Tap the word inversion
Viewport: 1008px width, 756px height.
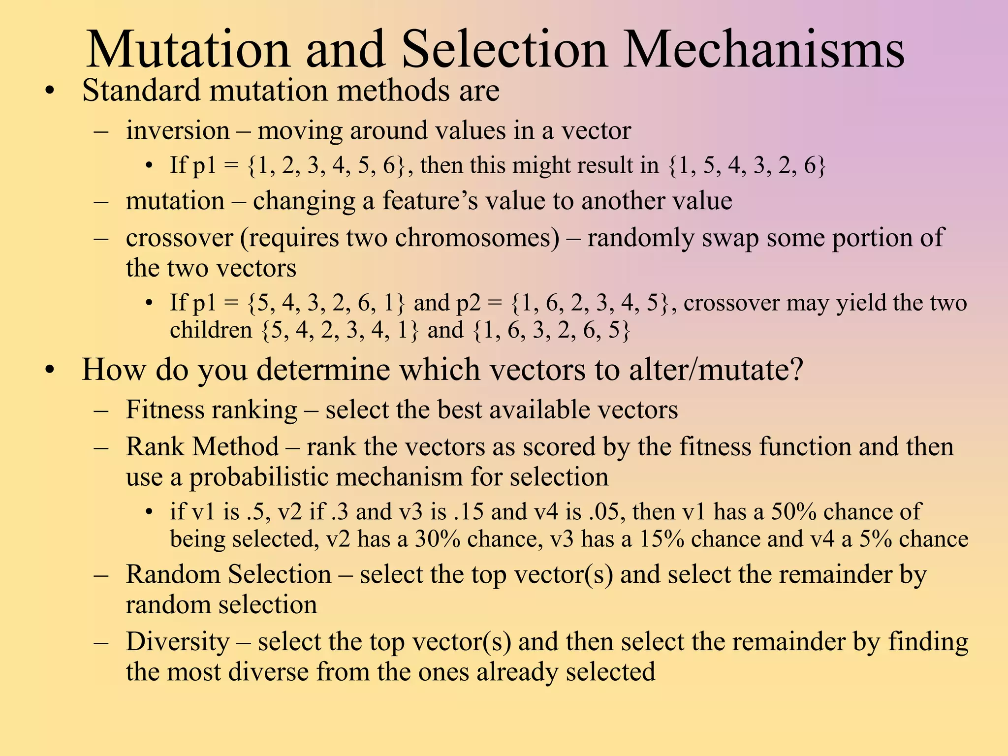tap(178, 131)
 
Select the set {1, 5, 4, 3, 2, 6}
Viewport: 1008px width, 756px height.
tap(747, 165)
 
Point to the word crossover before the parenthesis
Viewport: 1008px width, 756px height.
tap(179, 238)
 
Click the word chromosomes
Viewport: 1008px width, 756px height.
tap(477, 238)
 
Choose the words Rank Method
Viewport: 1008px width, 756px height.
tap(202, 447)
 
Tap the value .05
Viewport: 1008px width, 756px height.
tap(606, 512)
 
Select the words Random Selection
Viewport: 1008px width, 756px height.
tap(228, 575)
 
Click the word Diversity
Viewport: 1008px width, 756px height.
tap(178, 642)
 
